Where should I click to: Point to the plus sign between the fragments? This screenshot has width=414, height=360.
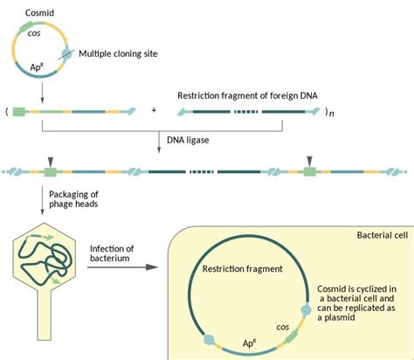point(155,112)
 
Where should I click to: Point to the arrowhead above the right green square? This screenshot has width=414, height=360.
point(309,157)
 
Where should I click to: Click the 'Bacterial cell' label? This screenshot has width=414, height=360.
point(383,236)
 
